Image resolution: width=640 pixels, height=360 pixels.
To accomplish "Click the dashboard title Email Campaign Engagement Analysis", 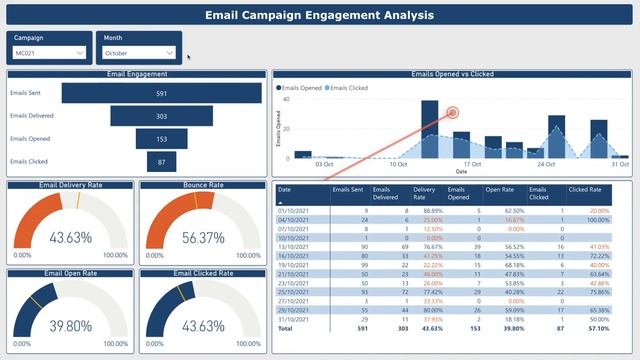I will pyautogui.click(x=320, y=15).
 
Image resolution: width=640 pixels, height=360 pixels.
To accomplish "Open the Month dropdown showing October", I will pyautogui.click(x=139, y=52).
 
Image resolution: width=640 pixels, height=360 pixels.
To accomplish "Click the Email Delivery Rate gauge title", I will pyautogui.click(x=71, y=185).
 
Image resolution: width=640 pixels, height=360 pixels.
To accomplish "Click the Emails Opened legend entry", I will pyautogui.click(x=303, y=88).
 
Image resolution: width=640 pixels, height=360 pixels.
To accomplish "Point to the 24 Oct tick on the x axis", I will pyautogui.click(x=546, y=164).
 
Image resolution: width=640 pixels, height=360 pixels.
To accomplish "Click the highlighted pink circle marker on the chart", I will pyautogui.click(x=452, y=113).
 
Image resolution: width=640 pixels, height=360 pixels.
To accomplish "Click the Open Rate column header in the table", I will pyautogui.click(x=499, y=189).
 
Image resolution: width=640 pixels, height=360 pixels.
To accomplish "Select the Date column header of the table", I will pyautogui.click(x=285, y=189).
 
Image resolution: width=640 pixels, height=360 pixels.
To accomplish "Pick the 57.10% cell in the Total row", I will pyautogui.click(x=598, y=327).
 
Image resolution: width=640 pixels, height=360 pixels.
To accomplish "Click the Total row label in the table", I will pyautogui.click(x=285, y=327).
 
